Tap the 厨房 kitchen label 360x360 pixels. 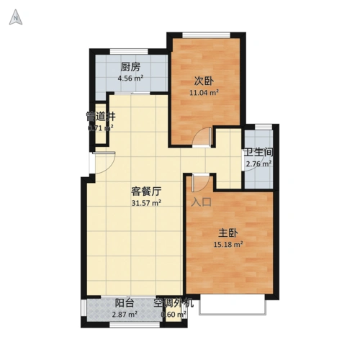(x=130, y=70)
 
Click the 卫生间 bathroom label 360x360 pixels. (x=258, y=153)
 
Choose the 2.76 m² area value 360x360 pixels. (x=258, y=164)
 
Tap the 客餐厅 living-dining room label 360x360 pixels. (x=145, y=192)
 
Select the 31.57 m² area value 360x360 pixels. (x=145, y=203)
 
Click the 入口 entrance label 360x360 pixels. (x=202, y=202)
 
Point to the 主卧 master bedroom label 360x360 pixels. (x=228, y=233)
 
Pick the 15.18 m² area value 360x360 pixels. (x=228, y=244)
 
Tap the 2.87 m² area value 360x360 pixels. (x=125, y=315)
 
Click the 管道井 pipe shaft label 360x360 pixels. (x=101, y=117)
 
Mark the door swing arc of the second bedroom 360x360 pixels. (x=206, y=136)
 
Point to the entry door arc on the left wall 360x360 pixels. (x=102, y=163)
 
